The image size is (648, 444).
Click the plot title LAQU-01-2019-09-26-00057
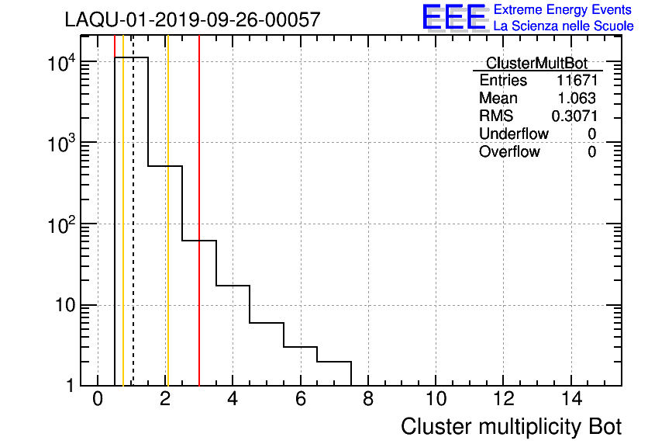pos(192,20)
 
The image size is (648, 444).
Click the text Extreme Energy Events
pos(564,10)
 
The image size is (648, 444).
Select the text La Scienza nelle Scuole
pos(564,26)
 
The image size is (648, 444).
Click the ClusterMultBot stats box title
pos(536,63)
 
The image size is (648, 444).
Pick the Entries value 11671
pos(576,81)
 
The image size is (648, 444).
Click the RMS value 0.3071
pos(574,116)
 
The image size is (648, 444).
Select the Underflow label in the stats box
pos(513,134)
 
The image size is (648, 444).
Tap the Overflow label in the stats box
pos(509,152)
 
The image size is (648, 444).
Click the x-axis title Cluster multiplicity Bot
pos(511,427)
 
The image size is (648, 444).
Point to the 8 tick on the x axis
pos(368,400)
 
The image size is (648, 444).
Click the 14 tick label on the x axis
pos(570,400)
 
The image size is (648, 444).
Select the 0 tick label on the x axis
pos(98,400)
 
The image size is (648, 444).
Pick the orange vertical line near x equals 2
pos(167,233)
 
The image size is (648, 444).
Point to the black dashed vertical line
pos(133,233)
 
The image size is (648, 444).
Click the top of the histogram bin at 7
pos(334,362)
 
